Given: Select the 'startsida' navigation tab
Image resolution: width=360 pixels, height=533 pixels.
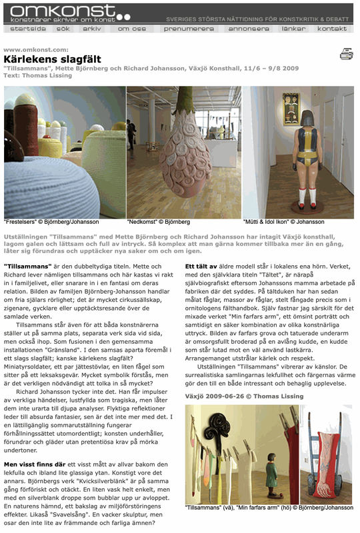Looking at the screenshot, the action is point(28,29).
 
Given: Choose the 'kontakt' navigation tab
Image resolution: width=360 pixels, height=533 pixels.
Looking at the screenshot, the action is point(331,29).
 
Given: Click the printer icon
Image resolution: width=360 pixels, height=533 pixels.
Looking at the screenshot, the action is point(346,54).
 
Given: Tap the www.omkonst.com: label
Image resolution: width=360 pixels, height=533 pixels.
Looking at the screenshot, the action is point(35,50).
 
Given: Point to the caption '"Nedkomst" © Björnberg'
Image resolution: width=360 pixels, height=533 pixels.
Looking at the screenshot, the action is point(159,222).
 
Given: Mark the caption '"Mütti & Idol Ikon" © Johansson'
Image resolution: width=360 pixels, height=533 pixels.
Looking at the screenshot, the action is point(283,222).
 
